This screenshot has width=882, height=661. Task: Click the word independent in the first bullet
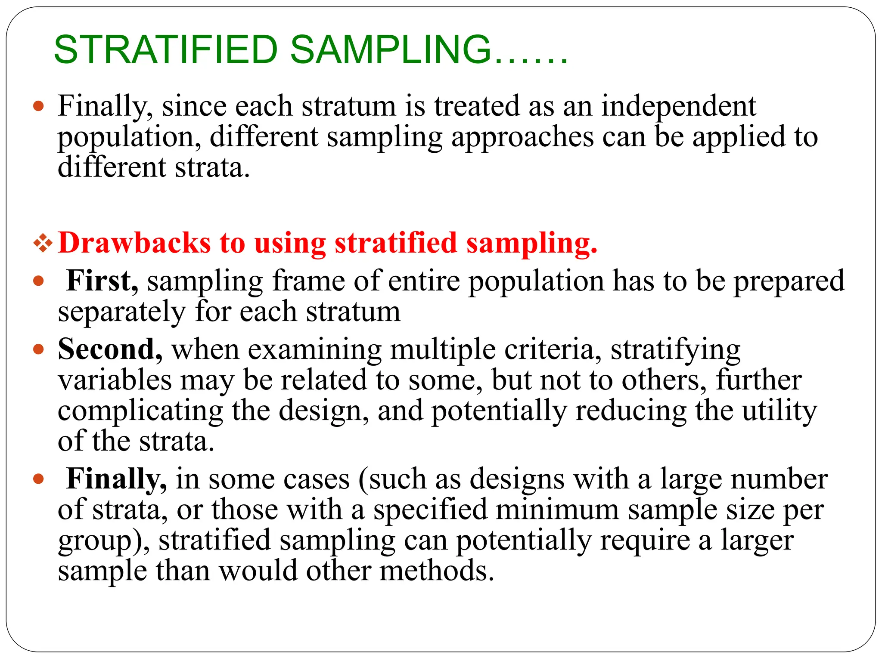coord(678,106)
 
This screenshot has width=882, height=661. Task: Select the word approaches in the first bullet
coord(522,138)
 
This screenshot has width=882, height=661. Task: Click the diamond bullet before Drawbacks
coord(43,244)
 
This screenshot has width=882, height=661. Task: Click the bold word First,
coord(102,281)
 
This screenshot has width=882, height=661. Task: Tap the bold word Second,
coord(110,349)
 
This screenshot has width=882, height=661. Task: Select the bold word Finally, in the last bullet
coord(116,479)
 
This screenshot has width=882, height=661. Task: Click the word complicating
coord(140,411)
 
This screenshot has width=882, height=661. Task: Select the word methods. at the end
coord(437,571)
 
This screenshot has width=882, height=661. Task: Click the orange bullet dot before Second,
coord(39,349)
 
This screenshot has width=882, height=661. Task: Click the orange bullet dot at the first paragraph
coord(39,106)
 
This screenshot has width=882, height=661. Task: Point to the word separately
coord(122,312)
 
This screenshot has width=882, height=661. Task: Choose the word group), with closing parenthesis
coord(104,541)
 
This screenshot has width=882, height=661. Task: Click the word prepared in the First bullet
coord(789,281)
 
